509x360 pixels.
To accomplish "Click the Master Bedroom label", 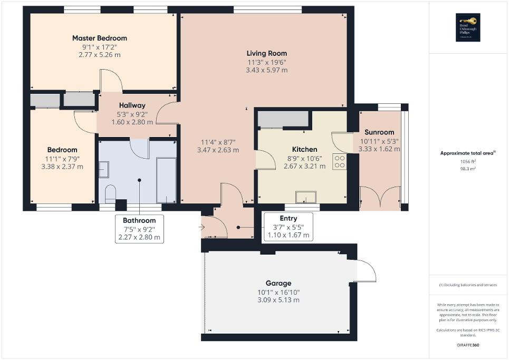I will (100, 38).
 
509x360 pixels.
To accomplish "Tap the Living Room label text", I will (267, 53).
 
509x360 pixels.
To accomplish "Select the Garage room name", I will (278, 283).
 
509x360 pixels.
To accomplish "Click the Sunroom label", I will (379, 132).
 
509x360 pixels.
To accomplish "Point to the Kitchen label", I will (305, 149).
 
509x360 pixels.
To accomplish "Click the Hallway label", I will (132, 105).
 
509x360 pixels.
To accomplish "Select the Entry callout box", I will (289, 227).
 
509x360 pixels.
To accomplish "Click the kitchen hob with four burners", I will (340, 161).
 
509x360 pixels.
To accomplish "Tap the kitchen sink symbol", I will (306, 197).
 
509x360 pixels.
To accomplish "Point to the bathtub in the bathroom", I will (166, 179).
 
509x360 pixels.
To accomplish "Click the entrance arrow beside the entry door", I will (202, 227).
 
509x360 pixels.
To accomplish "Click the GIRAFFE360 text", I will (469, 345).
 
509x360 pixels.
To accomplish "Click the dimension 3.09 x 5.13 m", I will (278, 300).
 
